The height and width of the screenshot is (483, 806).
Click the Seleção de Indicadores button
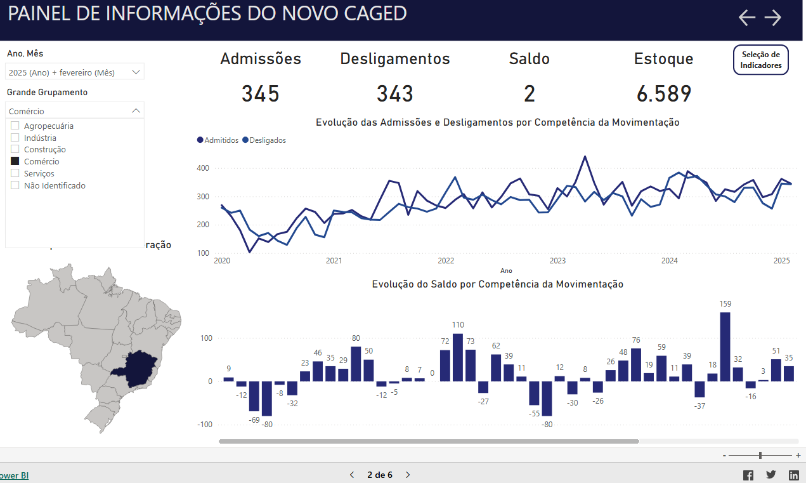[760, 60]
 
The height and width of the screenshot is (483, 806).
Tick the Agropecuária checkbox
[15, 126]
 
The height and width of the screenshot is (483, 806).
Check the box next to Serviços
[15, 173]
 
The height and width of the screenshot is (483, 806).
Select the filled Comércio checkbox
[15, 161]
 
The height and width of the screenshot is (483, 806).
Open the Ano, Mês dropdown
[75, 72]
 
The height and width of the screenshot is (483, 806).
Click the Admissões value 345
[260, 94]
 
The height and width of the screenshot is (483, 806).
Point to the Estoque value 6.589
[663, 94]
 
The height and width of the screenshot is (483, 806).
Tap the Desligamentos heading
[394, 59]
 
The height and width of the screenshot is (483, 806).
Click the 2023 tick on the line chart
[557, 261]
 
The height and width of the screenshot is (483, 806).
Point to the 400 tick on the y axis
[203, 168]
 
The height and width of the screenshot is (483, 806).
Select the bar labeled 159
[725, 346]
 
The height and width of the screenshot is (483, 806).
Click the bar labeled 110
[458, 357]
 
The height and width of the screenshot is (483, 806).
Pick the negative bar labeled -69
[254, 396]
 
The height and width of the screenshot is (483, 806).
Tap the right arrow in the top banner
[772, 18]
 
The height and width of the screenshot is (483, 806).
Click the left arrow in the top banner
[747, 18]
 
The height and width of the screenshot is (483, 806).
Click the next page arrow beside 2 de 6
[408, 475]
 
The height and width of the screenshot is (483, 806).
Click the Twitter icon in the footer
[770, 475]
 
